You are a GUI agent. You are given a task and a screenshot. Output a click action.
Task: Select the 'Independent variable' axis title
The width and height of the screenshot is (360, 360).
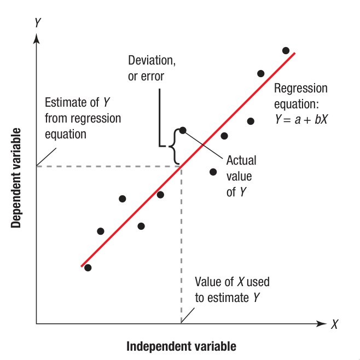181,346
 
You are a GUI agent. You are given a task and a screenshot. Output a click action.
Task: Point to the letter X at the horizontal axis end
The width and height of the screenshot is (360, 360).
334,324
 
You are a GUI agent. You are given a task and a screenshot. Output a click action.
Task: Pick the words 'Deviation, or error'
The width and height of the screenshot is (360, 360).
152,68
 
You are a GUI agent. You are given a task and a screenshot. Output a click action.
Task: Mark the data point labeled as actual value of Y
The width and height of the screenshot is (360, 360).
183,130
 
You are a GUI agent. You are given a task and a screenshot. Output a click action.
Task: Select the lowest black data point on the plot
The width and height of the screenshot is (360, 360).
88,268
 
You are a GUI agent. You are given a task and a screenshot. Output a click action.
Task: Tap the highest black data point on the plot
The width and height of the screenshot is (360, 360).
286,50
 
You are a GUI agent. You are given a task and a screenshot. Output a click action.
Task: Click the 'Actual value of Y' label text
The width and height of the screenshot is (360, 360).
241,176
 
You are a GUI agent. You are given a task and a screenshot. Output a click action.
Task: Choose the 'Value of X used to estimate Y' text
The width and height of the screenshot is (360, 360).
232,290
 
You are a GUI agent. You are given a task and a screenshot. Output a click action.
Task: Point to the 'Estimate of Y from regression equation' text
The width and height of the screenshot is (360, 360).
82,118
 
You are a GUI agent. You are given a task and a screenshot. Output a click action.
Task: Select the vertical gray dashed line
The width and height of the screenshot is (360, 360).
181,246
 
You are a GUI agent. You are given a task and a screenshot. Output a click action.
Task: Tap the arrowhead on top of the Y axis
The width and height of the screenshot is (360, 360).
37,38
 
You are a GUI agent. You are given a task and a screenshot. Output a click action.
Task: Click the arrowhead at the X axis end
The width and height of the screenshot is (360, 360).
322,324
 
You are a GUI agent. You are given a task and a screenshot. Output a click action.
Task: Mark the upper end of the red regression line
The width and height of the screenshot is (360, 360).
294,54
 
